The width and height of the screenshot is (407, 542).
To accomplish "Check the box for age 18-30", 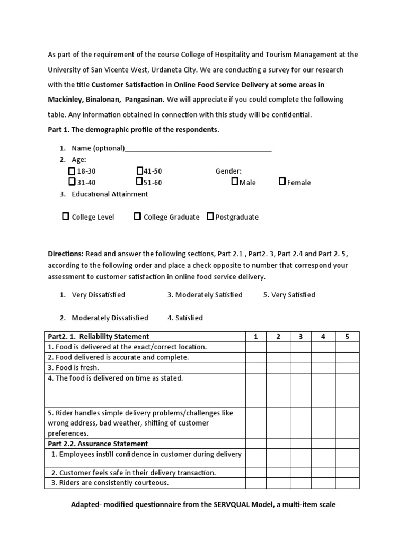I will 72,171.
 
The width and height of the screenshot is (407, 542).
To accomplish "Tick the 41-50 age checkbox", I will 139,170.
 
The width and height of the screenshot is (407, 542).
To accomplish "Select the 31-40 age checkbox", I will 72,182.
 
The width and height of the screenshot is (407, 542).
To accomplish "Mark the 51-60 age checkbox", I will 139,182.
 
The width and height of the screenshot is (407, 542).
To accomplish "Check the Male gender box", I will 235,182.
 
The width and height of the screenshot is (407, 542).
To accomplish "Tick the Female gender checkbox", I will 282,182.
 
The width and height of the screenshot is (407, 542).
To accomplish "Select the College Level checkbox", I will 66,216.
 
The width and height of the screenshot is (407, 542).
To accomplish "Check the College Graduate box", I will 137,216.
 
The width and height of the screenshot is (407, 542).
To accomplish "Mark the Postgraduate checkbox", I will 210,216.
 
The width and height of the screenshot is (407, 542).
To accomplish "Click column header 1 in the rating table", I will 255,337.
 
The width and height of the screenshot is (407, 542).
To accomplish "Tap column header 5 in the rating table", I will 347,337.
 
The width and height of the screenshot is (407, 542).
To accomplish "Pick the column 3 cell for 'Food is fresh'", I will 300,368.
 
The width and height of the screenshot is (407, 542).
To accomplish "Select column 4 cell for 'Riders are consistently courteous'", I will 323,483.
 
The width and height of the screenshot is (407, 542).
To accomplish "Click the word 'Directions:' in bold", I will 66,254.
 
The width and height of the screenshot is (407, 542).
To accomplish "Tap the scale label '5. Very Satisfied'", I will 289,295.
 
